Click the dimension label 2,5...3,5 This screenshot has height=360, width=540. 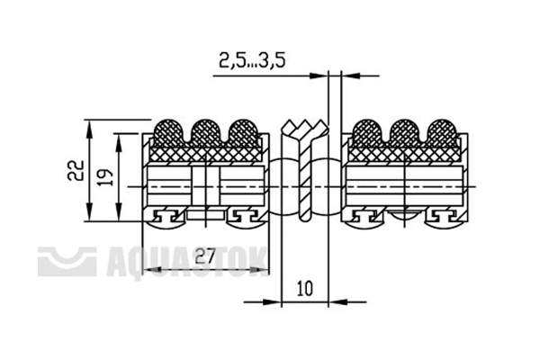[x=252, y=61]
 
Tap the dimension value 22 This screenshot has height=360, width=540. [x=76, y=170]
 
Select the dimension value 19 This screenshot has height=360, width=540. [x=105, y=177]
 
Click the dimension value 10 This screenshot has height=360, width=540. [x=305, y=288]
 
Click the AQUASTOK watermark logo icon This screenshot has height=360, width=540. [x=67, y=261]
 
